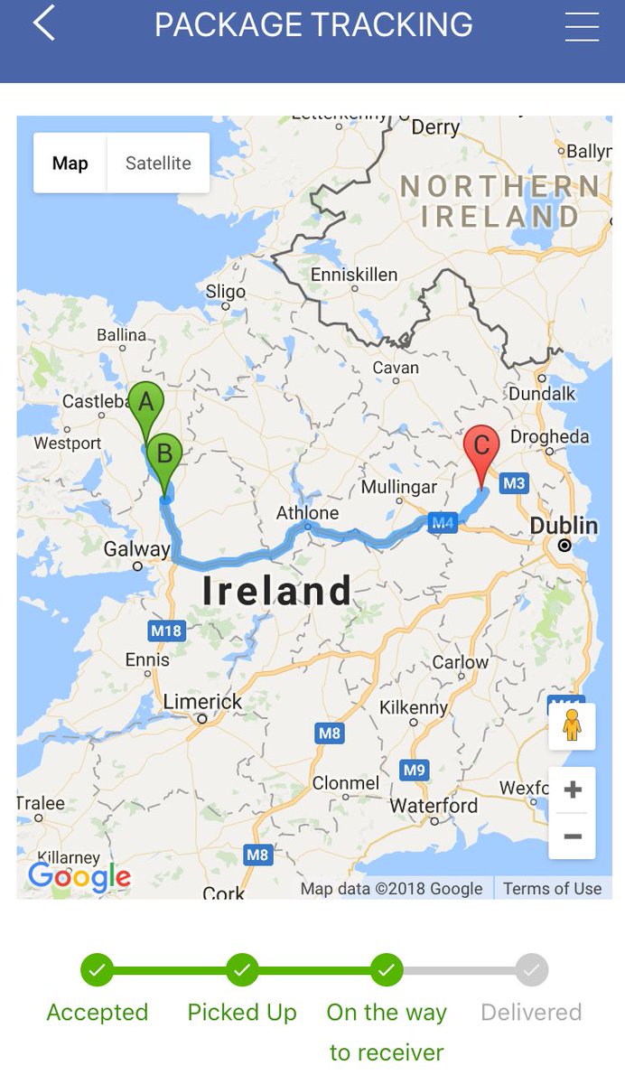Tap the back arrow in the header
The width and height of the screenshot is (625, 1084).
(44, 23)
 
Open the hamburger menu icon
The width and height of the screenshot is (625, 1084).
(582, 26)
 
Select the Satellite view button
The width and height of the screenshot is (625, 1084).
(158, 164)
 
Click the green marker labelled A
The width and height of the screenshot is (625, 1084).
(145, 404)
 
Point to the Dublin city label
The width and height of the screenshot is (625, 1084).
(564, 526)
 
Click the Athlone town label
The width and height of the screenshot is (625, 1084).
(307, 513)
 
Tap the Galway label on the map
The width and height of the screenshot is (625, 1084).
(136, 549)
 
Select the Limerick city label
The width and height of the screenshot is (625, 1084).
(202, 702)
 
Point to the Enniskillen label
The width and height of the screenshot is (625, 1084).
(353, 275)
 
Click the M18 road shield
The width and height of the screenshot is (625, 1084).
(166, 631)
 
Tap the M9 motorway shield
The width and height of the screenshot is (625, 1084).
(414, 771)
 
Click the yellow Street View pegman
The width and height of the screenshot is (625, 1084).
(572, 725)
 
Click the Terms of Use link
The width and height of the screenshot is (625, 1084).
(552, 888)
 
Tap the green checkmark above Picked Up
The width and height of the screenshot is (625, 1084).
(242, 970)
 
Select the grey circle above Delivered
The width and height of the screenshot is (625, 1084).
(532, 970)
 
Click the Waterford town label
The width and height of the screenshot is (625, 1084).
(434, 805)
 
